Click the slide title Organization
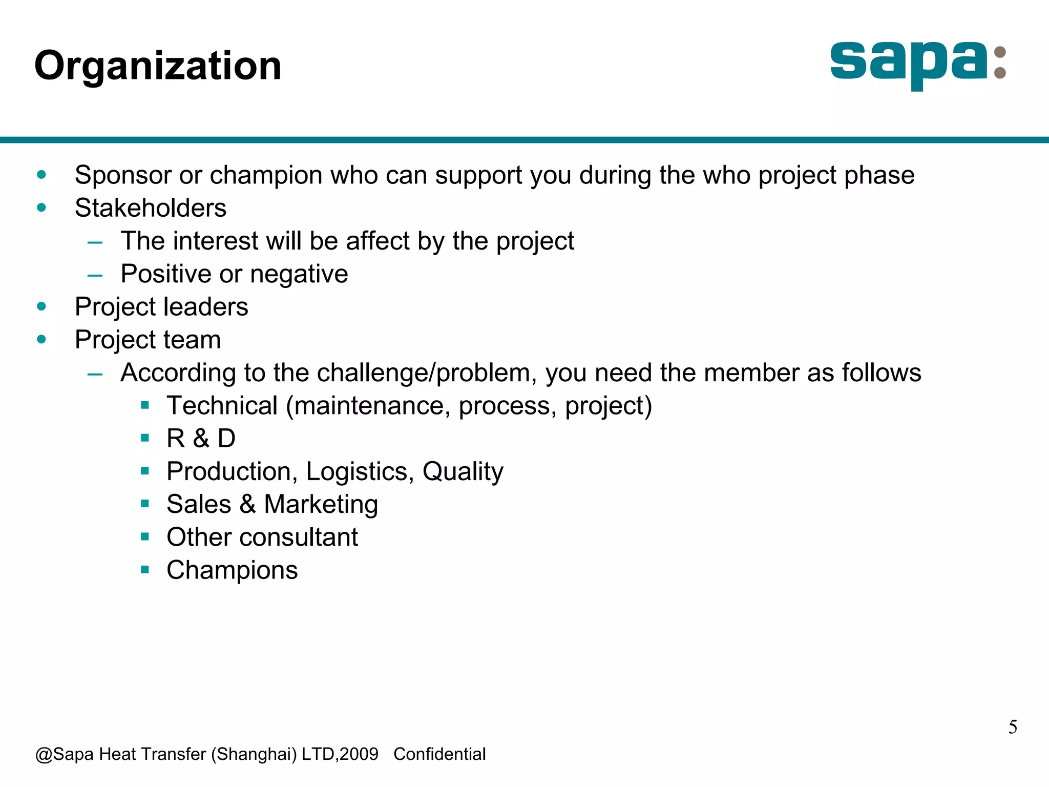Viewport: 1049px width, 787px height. click(158, 66)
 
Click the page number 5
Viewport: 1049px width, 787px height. click(1013, 727)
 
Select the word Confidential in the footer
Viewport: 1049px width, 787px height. click(439, 754)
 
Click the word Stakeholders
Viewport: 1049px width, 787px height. click(151, 208)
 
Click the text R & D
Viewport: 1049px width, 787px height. click(201, 439)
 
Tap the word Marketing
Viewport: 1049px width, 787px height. click(321, 504)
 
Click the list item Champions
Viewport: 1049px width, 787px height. click(232, 570)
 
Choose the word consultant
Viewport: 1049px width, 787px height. click(299, 537)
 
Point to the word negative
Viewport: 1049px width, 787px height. click(299, 274)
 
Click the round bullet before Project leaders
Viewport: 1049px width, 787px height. click(41, 307)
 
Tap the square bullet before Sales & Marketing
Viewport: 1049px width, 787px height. click(145, 504)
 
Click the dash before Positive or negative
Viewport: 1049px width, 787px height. click(95, 275)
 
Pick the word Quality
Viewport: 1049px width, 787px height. click(463, 471)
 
